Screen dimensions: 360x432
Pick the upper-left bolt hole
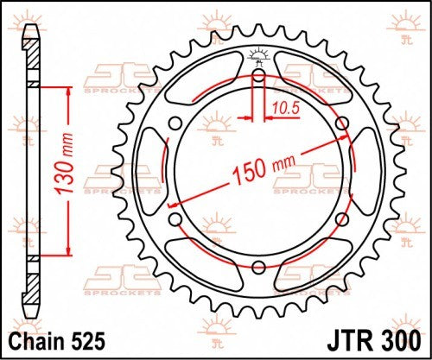175,123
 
